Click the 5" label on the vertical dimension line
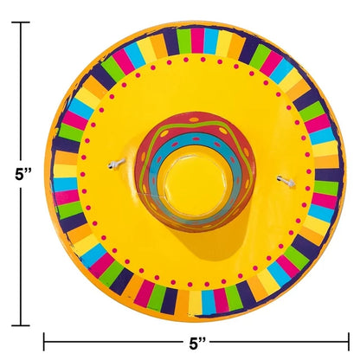tap(22, 174)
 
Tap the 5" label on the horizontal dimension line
tap(197, 344)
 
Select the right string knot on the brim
tap(286, 181)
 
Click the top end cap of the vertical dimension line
tap(21, 22)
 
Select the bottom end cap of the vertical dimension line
tap(21, 325)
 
